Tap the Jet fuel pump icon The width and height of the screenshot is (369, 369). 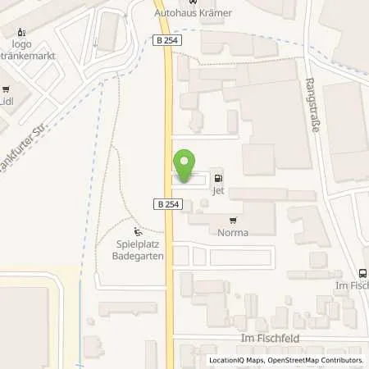[217, 177]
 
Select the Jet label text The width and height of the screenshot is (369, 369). [217, 190]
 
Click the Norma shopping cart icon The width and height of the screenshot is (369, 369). [234, 220]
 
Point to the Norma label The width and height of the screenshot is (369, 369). [234, 232]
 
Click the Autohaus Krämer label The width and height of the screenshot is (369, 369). [193, 14]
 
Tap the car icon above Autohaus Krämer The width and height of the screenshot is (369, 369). [193, 2]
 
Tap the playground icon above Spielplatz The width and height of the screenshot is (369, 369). [138, 230]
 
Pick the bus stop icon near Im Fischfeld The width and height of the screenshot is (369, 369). [363, 274]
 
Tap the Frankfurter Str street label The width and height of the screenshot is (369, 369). [20, 149]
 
